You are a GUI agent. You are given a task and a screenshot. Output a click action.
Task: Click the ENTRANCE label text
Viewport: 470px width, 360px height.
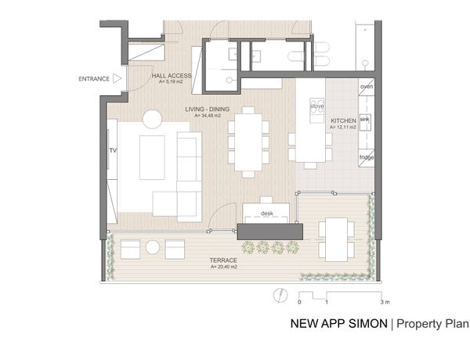coord(94,79)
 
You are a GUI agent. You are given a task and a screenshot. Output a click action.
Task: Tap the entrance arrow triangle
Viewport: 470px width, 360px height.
coord(117,79)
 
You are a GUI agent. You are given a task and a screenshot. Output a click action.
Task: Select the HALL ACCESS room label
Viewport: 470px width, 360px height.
coord(171,76)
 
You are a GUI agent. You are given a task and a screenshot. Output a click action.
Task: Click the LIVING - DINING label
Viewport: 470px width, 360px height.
coord(207,109)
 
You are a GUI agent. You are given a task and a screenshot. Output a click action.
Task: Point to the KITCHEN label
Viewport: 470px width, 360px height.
coord(344,121)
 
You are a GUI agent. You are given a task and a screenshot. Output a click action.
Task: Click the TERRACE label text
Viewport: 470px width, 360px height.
coord(223,261)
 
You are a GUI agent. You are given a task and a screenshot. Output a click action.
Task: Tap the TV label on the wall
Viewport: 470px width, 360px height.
coord(113,150)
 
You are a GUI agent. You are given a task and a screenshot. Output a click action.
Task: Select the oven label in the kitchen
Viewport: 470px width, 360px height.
coord(367,87)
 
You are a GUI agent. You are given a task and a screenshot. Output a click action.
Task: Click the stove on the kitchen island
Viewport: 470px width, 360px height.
coord(316,106)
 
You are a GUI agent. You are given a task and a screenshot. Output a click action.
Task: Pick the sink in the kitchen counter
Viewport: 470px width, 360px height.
coord(365,122)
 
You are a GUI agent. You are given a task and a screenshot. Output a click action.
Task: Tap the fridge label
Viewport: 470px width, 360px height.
coord(367,157)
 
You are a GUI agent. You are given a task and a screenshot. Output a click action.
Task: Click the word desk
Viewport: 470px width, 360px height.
coord(267,213)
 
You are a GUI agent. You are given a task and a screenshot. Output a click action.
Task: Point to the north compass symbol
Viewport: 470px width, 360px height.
coord(280,295)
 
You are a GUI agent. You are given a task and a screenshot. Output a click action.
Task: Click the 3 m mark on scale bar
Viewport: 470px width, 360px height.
coord(385,302)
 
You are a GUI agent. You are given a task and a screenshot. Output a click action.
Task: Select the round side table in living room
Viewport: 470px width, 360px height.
coord(153,119)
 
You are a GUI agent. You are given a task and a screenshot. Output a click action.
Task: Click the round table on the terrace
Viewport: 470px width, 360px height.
coord(153,247)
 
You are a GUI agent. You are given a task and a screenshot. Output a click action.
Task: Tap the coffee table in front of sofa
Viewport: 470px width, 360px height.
coord(152,157)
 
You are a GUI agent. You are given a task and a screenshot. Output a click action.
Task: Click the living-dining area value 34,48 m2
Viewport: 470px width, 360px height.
coord(208,116)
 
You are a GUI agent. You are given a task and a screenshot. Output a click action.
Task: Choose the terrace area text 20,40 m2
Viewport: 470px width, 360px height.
coord(223,267)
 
